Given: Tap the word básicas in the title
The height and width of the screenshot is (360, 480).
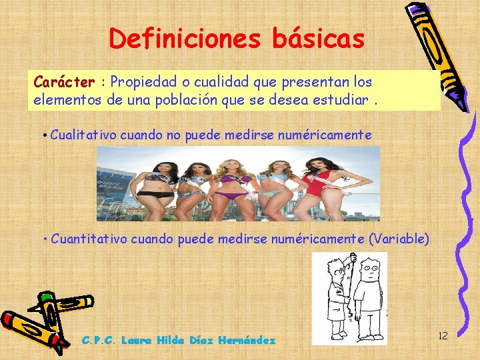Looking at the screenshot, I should (x=318, y=38).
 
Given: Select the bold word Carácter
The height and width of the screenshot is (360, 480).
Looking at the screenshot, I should (x=64, y=82).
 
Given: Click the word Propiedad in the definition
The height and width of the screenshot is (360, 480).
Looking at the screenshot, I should (x=144, y=82).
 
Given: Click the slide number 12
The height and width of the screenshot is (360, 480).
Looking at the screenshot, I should (x=443, y=335).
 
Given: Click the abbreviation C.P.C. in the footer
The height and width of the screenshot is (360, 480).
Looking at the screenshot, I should (x=99, y=340).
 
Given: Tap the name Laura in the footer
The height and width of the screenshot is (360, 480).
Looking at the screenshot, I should (x=137, y=340).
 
